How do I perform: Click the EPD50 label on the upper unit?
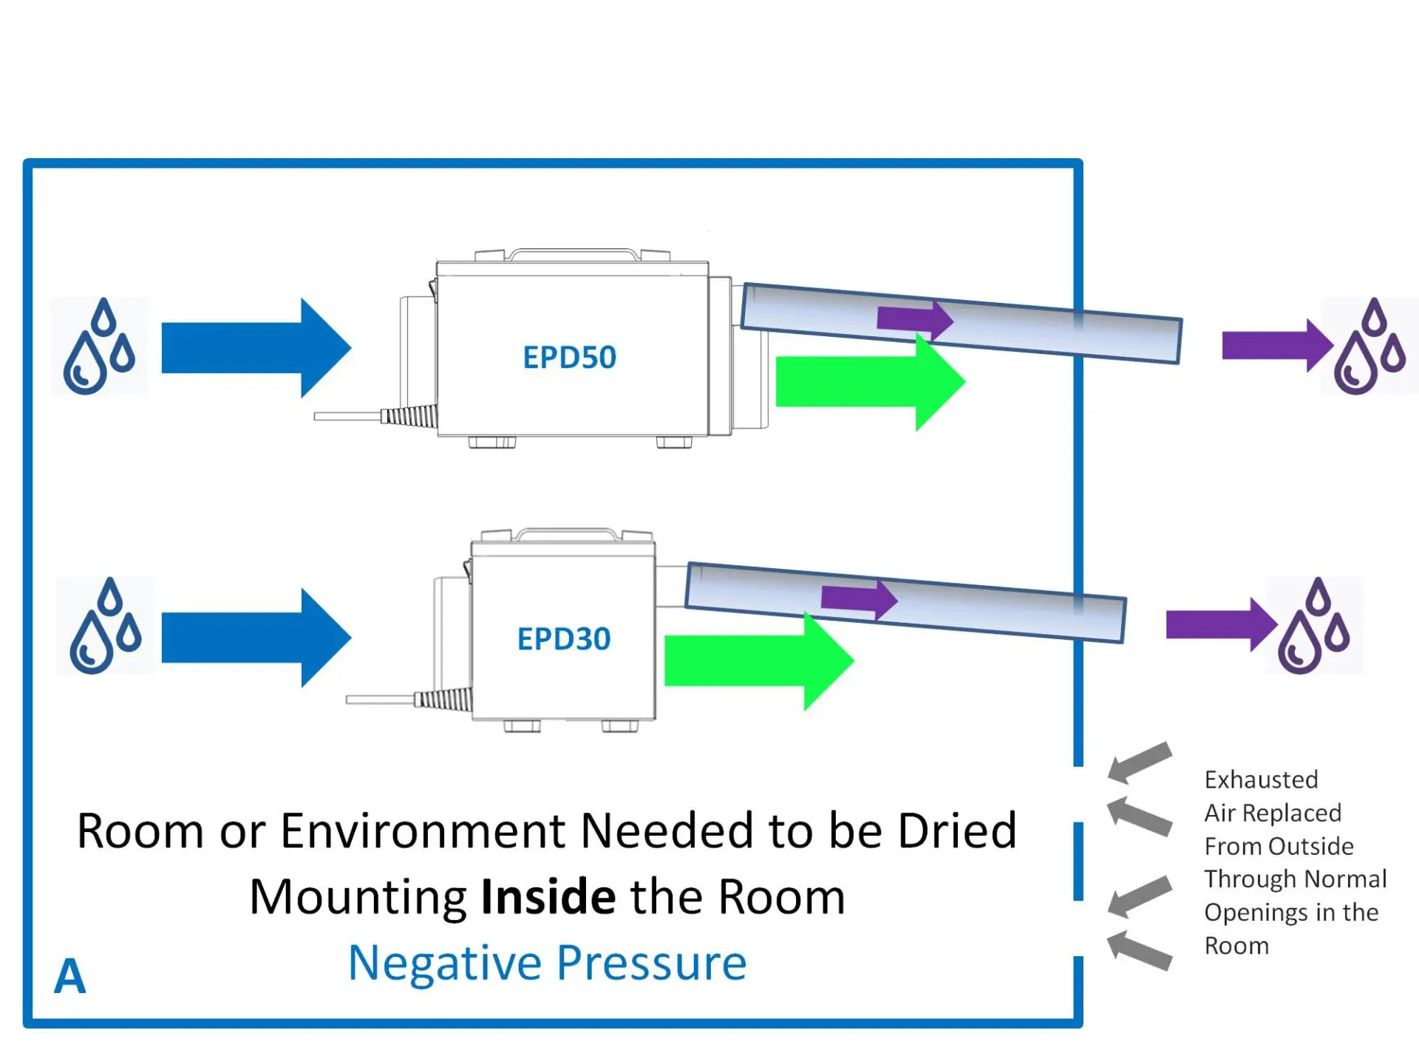[569, 358]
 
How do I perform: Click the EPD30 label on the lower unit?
[564, 639]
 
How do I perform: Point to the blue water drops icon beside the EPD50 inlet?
[99, 347]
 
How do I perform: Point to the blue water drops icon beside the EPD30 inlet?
[106, 626]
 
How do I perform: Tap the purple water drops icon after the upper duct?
[1369, 347]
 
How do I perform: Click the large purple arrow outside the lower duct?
[1220, 624]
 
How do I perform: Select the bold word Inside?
[548, 897]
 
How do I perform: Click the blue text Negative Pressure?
[547, 963]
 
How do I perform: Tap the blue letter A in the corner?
[70, 976]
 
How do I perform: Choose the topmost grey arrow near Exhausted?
[1140, 762]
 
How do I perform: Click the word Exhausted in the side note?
[1261, 780]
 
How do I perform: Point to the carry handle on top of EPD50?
[573, 254]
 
